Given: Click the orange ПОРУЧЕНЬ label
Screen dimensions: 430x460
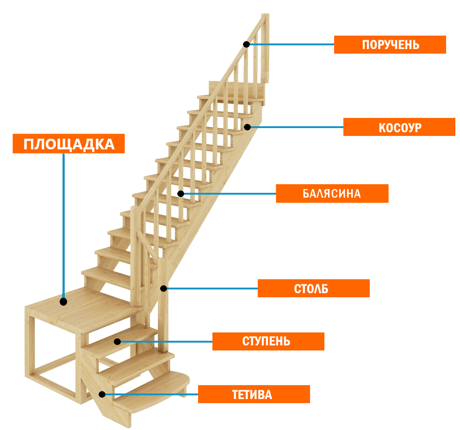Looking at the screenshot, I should click(x=390, y=45).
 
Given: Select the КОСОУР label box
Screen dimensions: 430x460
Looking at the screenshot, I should click(x=399, y=127).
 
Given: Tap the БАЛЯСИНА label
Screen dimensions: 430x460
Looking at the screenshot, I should click(x=332, y=194).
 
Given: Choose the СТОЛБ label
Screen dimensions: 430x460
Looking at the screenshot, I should click(x=313, y=289).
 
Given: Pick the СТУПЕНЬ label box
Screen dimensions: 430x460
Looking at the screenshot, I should click(x=268, y=342).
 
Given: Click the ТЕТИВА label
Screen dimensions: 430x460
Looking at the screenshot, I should click(x=254, y=394).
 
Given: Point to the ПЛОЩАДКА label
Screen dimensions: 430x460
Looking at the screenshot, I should click(x=68, y=144).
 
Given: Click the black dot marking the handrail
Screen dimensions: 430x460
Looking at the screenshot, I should click(x=247, y=44).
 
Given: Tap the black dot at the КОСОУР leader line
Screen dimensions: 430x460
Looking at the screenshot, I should click(x=248, y=127).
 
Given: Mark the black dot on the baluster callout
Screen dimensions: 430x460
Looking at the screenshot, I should click(x=180, y=194).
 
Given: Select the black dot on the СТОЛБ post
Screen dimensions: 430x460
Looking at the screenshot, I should click(x=163, y=289).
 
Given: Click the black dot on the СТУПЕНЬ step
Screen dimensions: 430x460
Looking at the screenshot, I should click(x=118, y=342).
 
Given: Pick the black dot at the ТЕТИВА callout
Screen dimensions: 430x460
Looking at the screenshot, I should click(x=102, y=394).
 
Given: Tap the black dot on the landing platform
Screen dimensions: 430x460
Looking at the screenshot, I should click(x=63, y=301).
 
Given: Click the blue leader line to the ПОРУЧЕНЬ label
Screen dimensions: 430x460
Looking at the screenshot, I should click(x=292, y=44).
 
